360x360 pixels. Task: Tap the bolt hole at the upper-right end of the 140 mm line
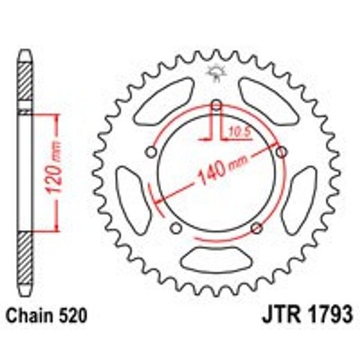click(x=280, y=152)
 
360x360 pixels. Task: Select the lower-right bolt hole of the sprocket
click(x=256, y=228)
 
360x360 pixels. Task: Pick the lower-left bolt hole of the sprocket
click(x=176, y=228)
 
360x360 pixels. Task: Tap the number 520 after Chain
click(x=73, y=316)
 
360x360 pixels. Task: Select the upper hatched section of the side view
click(x=25, y=82)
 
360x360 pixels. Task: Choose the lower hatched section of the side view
click(x=25, y=258)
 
